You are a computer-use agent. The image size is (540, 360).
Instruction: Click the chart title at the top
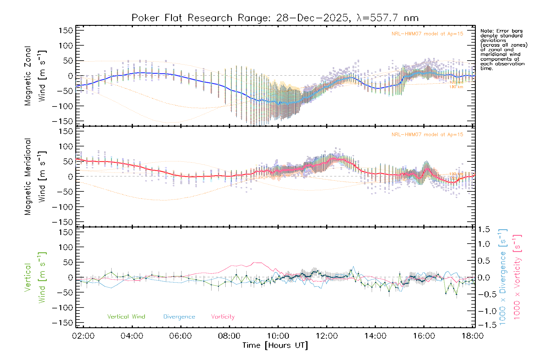click(275, 18)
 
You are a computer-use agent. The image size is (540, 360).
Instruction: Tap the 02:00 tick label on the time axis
click(83, 336)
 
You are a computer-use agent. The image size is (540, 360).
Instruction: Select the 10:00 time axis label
click(278, 336)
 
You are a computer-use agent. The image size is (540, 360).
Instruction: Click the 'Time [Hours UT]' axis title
click(275, 345)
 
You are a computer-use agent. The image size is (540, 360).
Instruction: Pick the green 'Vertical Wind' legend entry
click(126, 317)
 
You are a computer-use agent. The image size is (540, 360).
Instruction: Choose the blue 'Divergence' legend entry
click(179, 317)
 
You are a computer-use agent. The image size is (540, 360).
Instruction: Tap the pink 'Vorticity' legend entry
click(223, 317)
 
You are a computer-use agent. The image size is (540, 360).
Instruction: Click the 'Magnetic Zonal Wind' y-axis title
click(35, 76)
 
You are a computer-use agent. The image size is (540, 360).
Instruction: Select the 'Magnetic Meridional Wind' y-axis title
click(35, 176)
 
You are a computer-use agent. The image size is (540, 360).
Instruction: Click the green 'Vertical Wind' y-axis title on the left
click(35, 277)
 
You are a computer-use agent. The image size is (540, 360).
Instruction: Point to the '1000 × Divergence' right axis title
click(503, 277)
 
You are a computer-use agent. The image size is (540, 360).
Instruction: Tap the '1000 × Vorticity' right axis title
click(517, 277)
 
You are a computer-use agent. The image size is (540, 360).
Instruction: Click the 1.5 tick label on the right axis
click(484, 229)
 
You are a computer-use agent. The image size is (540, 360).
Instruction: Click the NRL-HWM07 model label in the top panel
click(427, 34)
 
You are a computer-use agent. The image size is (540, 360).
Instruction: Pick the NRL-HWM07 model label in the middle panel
click(427, 135)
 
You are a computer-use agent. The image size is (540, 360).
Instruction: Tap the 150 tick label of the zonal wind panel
click(66, 30)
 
